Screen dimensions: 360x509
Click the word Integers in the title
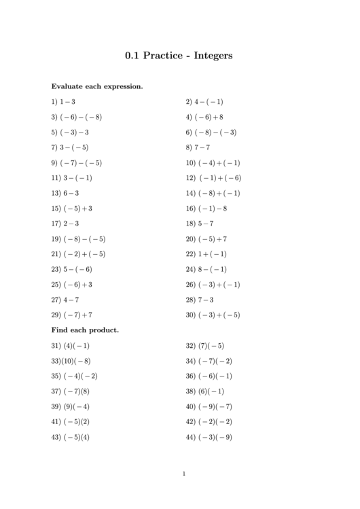pos(213,56)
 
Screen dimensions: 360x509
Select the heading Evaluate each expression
pos(97,87)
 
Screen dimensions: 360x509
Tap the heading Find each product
pos(86,330)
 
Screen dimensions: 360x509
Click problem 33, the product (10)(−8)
pos(71,361)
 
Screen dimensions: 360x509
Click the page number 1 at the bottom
pos(183,474)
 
